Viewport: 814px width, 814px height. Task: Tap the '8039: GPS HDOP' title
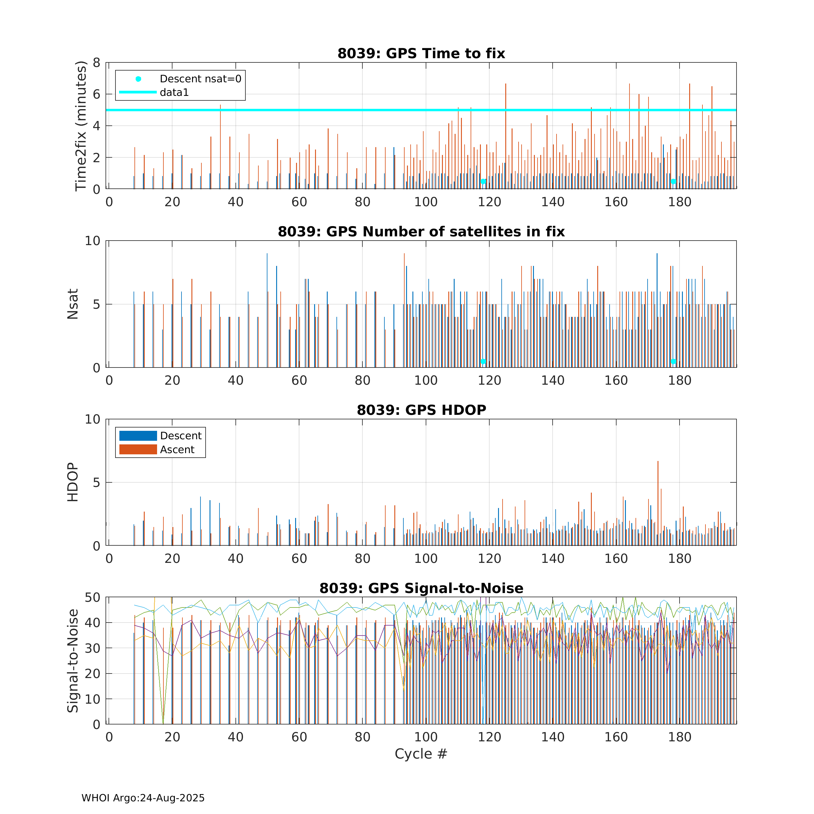click(421, 410)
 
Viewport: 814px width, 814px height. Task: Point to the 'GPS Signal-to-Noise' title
click(421, 588)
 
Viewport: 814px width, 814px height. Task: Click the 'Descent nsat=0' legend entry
click(200, 79)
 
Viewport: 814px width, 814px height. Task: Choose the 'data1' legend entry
click(174, 92)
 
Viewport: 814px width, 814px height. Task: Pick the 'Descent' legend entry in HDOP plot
click(181, 436)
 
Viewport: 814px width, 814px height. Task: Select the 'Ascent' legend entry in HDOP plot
click(177, 450)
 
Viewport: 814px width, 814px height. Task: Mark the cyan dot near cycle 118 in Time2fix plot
click(483, 181)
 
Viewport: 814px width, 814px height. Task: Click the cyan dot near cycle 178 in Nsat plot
click(673, 361)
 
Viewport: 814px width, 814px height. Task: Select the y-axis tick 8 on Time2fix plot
click(96, 63)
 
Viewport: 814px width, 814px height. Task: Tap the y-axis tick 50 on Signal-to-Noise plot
click(92, 598)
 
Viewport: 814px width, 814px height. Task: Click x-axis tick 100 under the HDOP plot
click(425, 559)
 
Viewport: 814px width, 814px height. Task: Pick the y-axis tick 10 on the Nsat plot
click(92, 241)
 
